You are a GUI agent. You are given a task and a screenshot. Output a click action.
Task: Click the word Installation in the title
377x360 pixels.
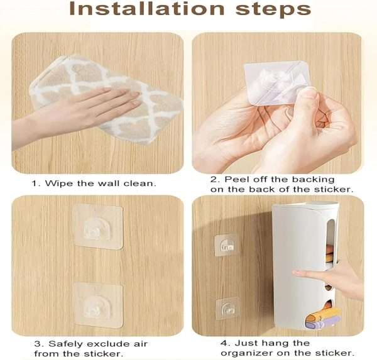140,10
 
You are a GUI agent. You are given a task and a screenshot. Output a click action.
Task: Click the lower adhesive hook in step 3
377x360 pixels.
97,304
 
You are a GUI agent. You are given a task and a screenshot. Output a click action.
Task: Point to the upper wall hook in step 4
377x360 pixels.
226,245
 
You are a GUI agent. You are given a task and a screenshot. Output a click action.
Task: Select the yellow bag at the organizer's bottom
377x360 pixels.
327,313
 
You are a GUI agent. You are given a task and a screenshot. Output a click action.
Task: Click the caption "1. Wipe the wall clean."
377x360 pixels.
94,183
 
